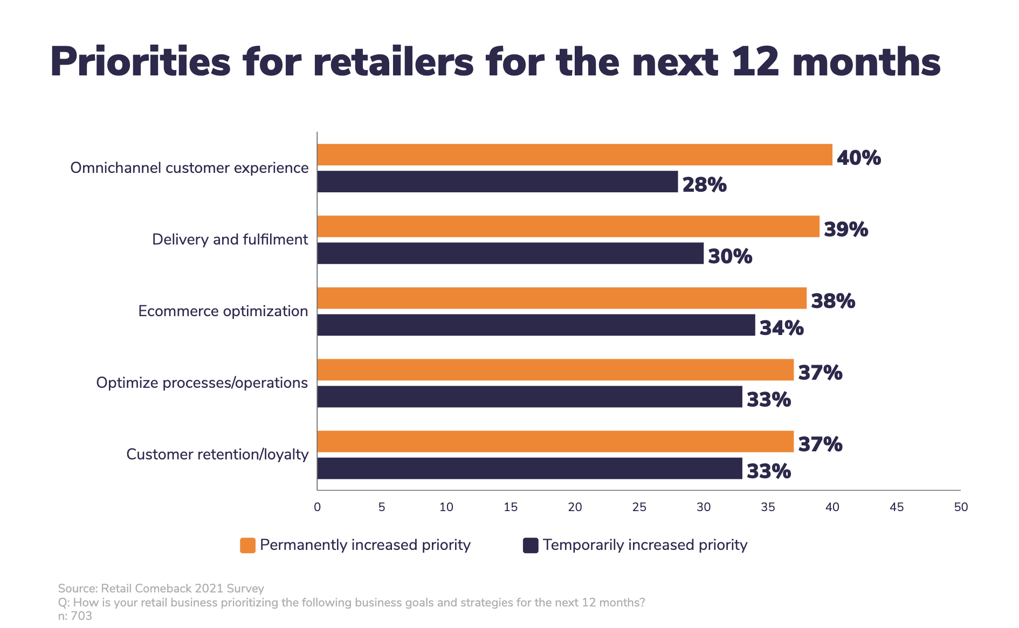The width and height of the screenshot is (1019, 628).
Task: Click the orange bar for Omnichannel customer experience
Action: point(574,155)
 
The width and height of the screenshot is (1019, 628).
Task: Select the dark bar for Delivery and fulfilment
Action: point(510,253)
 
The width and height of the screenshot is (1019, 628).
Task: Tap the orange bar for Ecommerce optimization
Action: point(561,298)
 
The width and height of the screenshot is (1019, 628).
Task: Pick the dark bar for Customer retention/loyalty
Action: point(529,468)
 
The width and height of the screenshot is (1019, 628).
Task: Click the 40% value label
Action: point(858,158)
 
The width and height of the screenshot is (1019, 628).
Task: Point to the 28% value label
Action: point(704,185)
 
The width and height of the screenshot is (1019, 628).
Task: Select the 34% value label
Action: point(781,328)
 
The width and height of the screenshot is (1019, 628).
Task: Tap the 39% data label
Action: point(845,229)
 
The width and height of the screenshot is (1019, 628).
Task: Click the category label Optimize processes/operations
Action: point(202,383)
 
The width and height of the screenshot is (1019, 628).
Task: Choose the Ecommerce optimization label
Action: point(223,311)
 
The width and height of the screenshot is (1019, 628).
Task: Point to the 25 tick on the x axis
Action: point(639,507)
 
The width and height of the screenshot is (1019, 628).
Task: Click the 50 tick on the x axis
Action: point(961,507)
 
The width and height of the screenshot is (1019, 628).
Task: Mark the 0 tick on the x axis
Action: point(317,507)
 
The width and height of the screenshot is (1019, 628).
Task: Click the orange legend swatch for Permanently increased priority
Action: point(247,545)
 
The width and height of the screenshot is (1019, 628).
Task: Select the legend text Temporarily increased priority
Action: point(645,545)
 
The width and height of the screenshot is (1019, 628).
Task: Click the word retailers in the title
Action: point(393,62)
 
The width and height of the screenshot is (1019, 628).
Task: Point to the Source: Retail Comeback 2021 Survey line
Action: point(161,588)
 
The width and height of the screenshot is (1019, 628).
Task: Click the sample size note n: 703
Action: point(75,616)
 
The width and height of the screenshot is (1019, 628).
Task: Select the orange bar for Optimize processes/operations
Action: point(555,369)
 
